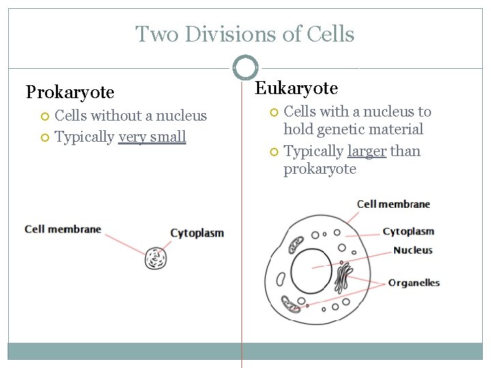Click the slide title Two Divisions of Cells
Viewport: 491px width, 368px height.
point(245,33)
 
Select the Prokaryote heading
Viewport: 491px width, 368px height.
point(70,91)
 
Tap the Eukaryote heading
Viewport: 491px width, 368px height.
point(296,88)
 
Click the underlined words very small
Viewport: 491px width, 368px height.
point(152,137)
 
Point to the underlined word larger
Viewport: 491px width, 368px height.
point(367,151)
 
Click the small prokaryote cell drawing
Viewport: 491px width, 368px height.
point(155,258)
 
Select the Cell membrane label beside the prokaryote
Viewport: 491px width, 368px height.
point(63,229)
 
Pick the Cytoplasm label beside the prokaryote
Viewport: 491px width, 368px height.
point(196,233)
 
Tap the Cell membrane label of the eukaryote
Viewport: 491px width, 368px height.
point(393,204)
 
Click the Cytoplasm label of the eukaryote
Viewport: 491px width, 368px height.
point(408,232)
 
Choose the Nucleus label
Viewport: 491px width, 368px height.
point(413,250)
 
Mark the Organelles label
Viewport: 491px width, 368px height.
point(414,283)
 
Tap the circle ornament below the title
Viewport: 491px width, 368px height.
point(245,67)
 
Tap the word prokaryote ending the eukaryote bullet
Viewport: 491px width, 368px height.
point(320,169)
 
